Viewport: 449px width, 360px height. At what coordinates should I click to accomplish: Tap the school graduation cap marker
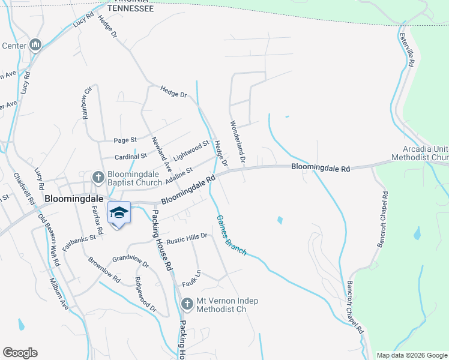point(119,214)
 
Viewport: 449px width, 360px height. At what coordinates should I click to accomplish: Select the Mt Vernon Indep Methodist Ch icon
point(187,305)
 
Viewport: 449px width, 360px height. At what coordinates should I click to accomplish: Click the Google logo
point(20,353)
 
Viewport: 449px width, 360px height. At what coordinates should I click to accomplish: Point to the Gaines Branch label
point(231,235)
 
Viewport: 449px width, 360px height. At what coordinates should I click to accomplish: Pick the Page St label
point(125,140)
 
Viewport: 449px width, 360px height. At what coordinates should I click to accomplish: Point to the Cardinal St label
point(131,156)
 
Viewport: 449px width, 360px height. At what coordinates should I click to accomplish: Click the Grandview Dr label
point(130,262)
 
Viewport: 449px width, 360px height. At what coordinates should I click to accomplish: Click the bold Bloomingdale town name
point(74,199)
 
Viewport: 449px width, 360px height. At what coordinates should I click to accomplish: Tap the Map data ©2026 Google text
point(412,355)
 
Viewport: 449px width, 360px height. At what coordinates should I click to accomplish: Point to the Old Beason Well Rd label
point(49,241)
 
